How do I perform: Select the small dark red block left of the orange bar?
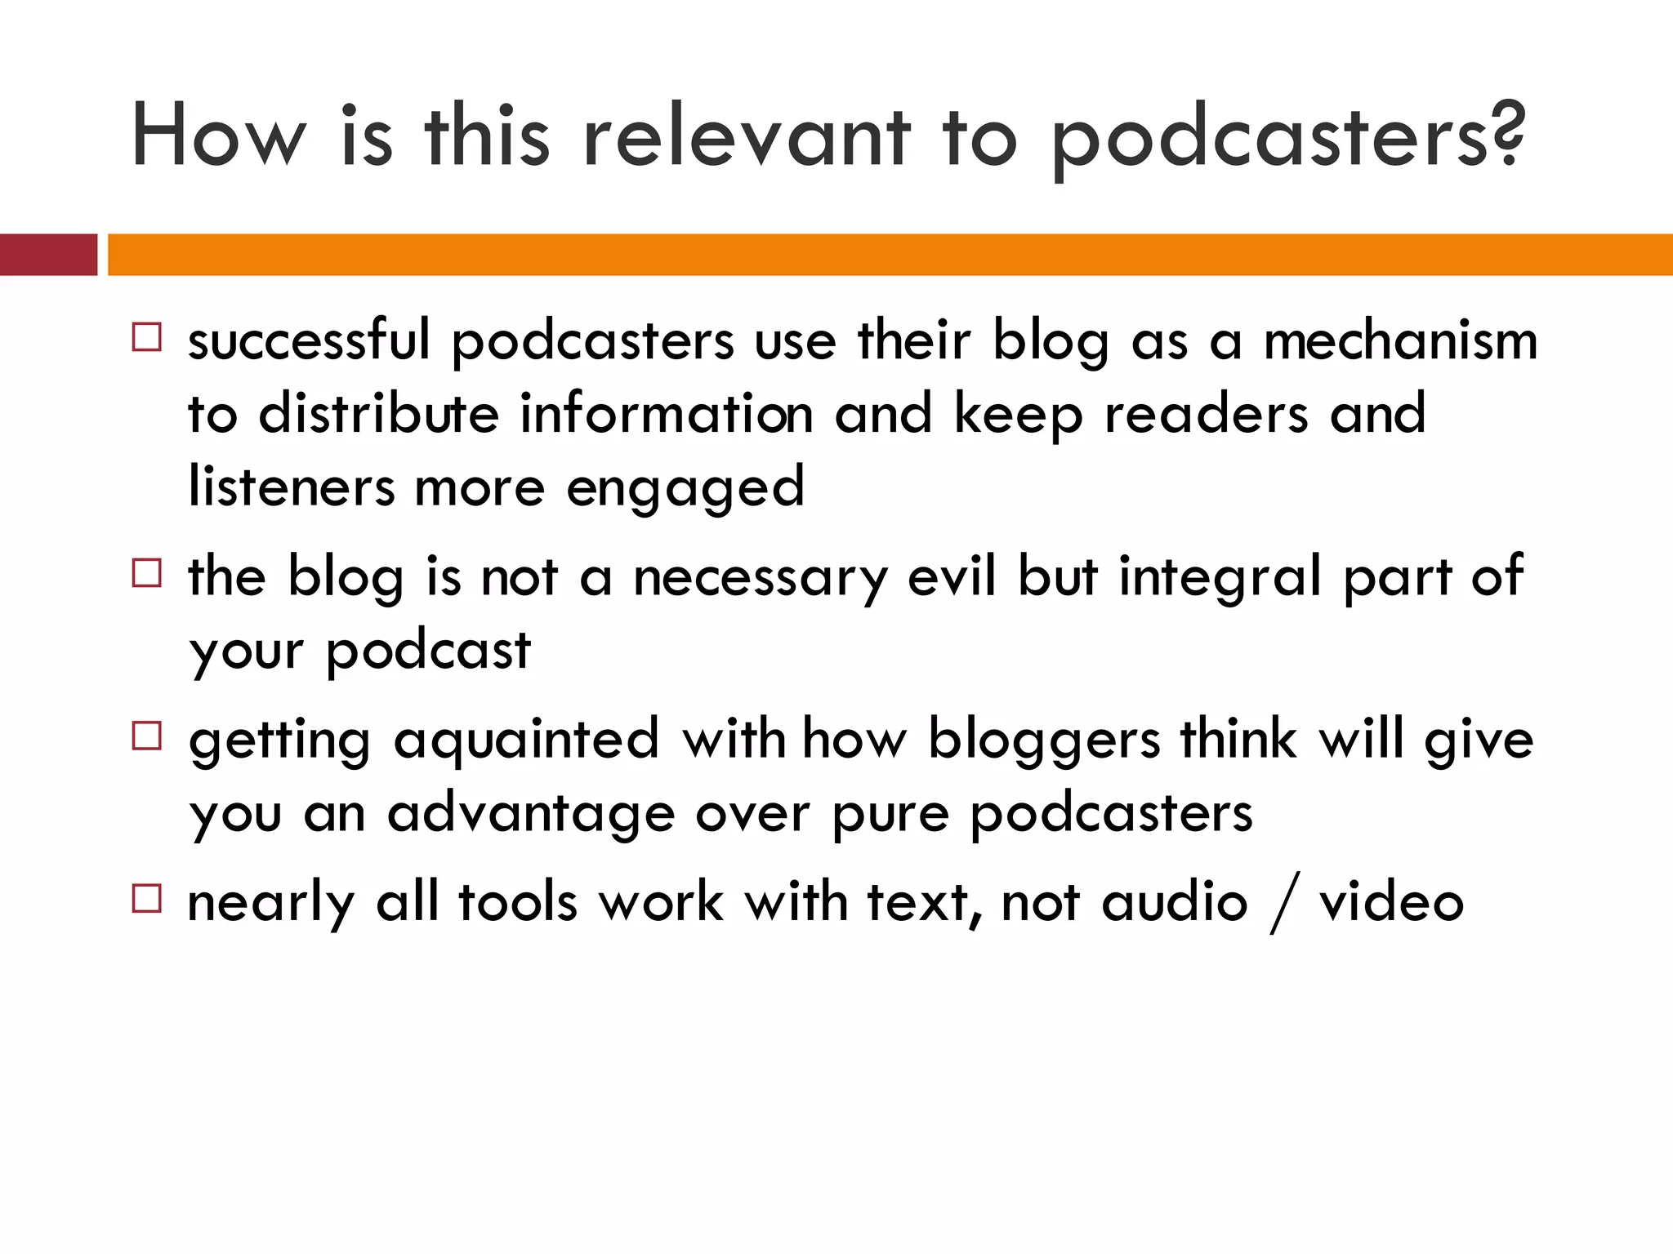[48, 255]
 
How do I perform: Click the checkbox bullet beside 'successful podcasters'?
[147, 337]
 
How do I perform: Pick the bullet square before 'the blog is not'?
[147, 573]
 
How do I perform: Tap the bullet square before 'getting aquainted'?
[147, 736]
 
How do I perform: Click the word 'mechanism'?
[1400, 340]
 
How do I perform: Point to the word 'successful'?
[309, 340]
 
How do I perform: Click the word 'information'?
[667, 414]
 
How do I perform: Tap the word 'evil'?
[952, 576]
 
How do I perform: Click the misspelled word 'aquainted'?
[526, 740]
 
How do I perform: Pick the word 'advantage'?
[531, 815]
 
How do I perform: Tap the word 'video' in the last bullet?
[1391, 903]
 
